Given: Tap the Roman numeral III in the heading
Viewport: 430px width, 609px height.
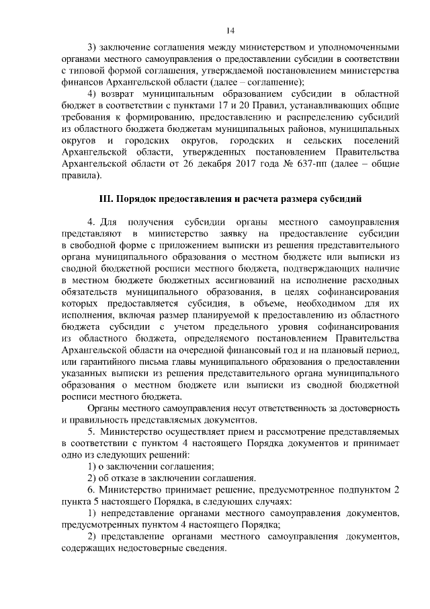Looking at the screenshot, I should [106, 199].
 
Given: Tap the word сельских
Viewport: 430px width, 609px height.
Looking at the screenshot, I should [327, 141].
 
